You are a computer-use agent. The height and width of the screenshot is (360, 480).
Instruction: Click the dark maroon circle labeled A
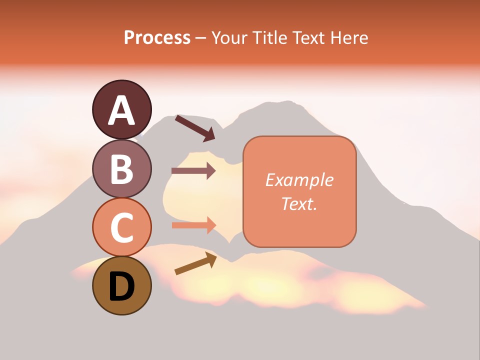coord(121,109)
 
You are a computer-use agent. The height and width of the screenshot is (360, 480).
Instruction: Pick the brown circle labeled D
coord(121,285)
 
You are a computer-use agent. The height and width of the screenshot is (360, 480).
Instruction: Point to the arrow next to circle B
coord(193,171)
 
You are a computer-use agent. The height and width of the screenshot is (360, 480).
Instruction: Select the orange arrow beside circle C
coord(193,225)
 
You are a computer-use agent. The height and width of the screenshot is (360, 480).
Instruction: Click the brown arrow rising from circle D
coord(195,263)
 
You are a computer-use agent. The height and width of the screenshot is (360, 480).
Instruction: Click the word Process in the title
coord(157,37)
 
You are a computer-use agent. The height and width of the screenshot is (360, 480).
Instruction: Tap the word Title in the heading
coord(269,37)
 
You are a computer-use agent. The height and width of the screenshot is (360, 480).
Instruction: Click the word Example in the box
coord(299,180)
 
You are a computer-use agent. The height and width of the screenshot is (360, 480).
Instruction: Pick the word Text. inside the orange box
coord(299,203)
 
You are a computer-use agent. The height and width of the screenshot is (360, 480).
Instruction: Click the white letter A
coord(121,110)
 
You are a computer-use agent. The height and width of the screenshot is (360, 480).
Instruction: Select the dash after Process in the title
coord(201,38)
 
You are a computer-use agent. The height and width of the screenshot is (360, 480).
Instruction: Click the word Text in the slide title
coord(307,37)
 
